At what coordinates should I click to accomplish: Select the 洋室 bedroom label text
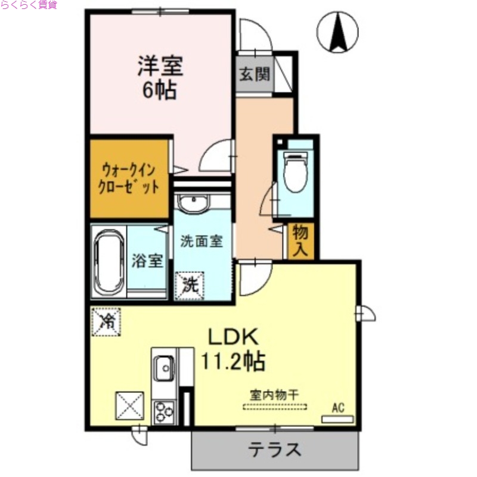pyautogui.click(x=160, y=65)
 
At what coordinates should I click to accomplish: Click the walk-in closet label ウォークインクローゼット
pyautogui.click(x=129, y=177)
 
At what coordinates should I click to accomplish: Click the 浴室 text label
pyautogui.click(x=148, y=261)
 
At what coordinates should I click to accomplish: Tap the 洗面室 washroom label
pyautogui.click(x=202, y=241)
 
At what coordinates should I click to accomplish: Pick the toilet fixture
pyautogui.click(x=295, y=172)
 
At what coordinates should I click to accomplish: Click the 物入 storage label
pyautogui.click(x=301, y=241)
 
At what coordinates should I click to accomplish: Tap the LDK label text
pyautogui.click(x=233, y=337)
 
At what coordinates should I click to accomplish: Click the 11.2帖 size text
pyautogui.click(x=233, y=360)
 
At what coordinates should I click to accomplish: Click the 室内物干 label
pyautogui.click(x=274, y=394)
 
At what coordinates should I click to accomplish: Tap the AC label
pyautogui.click(x=338, y=408)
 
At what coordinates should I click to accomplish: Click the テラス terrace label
pyautogui.click(x=274, y=449)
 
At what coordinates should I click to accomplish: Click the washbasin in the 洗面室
pyautogui.click(x=193, y=203)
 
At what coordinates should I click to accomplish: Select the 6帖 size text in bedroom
pyautogui.click(x=159, y=90)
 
